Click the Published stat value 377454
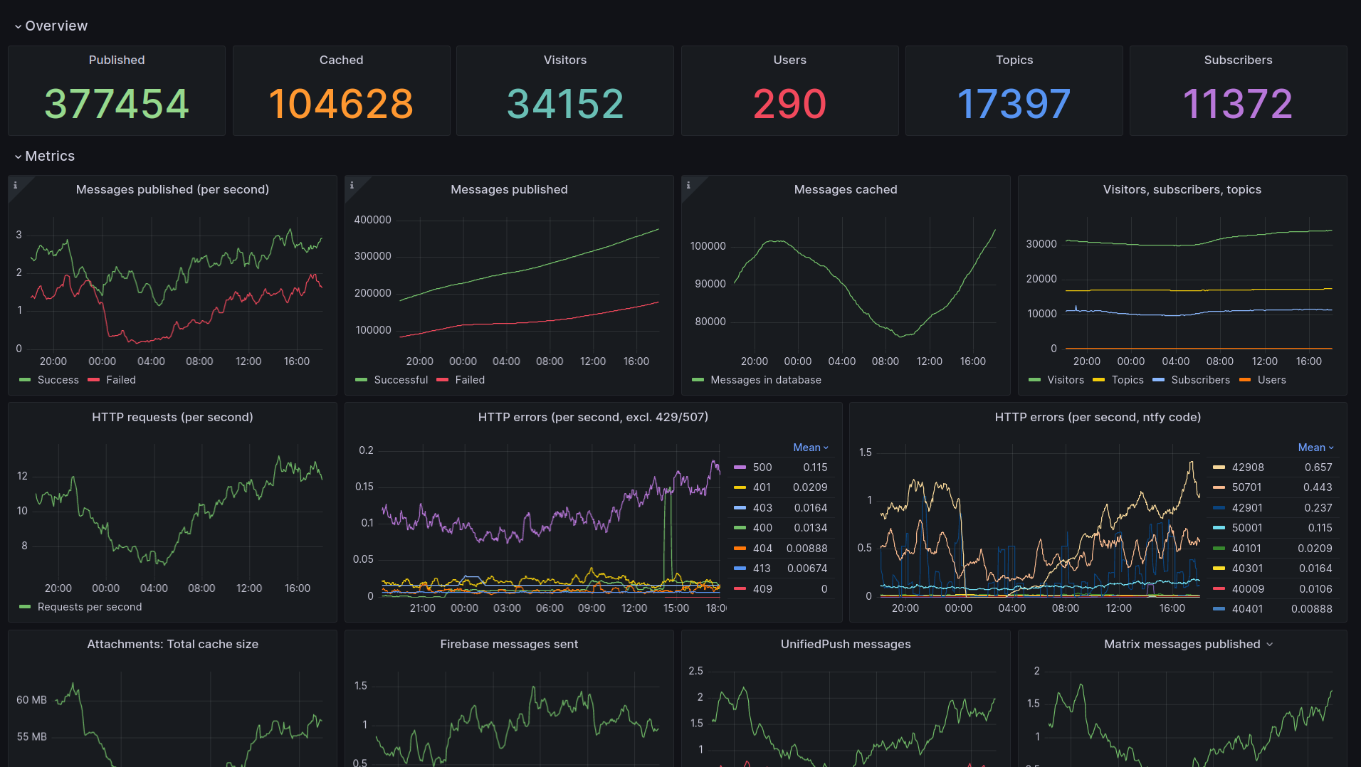117,104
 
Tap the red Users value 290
789,104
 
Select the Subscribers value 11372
1237,104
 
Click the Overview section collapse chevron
18,26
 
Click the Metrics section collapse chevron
18,157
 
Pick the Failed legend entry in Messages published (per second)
120,380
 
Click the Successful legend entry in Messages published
400,380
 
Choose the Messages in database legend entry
765,380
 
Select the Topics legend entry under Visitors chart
1127,380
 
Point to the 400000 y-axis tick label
372,220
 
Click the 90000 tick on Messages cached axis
710,284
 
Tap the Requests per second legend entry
89,607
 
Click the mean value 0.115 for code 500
815,467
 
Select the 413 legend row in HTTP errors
762,568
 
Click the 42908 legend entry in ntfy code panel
1247,467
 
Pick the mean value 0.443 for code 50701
1318,487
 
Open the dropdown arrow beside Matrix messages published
1270,645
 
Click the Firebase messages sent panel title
509,644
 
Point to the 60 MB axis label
31,700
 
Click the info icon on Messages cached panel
688,185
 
